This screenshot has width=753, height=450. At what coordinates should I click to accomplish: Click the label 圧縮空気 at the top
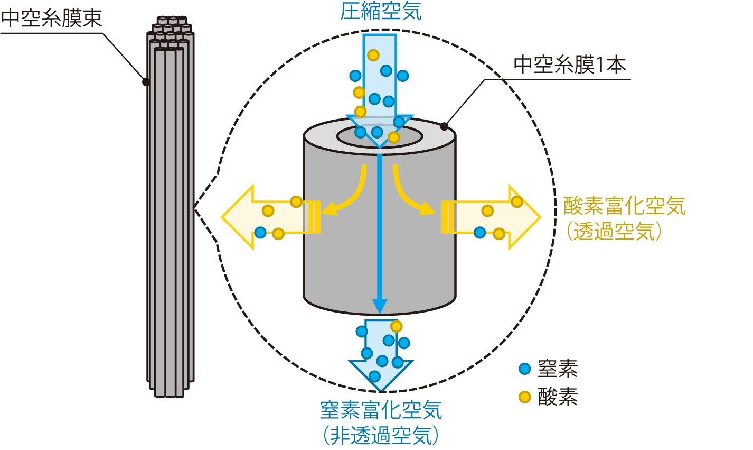click(381, 11)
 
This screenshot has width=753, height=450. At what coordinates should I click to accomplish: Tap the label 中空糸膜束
click(51, 19)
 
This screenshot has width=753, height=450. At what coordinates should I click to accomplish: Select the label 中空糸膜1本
click(569, 65)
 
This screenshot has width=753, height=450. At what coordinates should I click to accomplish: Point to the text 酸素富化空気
click(624, 206)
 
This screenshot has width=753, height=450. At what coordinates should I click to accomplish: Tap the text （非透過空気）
click(381, 435)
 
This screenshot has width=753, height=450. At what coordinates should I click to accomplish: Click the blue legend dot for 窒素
click(524, 369)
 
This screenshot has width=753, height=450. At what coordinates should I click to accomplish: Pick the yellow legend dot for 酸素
click(524, 397)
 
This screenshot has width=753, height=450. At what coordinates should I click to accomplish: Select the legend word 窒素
click(558, 369)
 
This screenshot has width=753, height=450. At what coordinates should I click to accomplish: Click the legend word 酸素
click(558, 397)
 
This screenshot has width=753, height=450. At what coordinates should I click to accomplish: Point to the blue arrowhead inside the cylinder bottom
click(380, 306)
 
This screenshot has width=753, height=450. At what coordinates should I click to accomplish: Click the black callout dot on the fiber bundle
click(146, 82)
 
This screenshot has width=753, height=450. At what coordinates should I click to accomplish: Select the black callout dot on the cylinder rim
click(444, 126)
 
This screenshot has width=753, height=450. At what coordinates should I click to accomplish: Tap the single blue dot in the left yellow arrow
click(260, 232)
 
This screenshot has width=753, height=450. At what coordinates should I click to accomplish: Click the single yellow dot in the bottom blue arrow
click(396, 326)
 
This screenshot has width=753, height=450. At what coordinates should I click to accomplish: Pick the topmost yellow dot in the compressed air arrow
click(373, 55)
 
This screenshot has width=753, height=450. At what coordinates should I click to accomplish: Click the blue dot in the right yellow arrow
click(479, 232)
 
